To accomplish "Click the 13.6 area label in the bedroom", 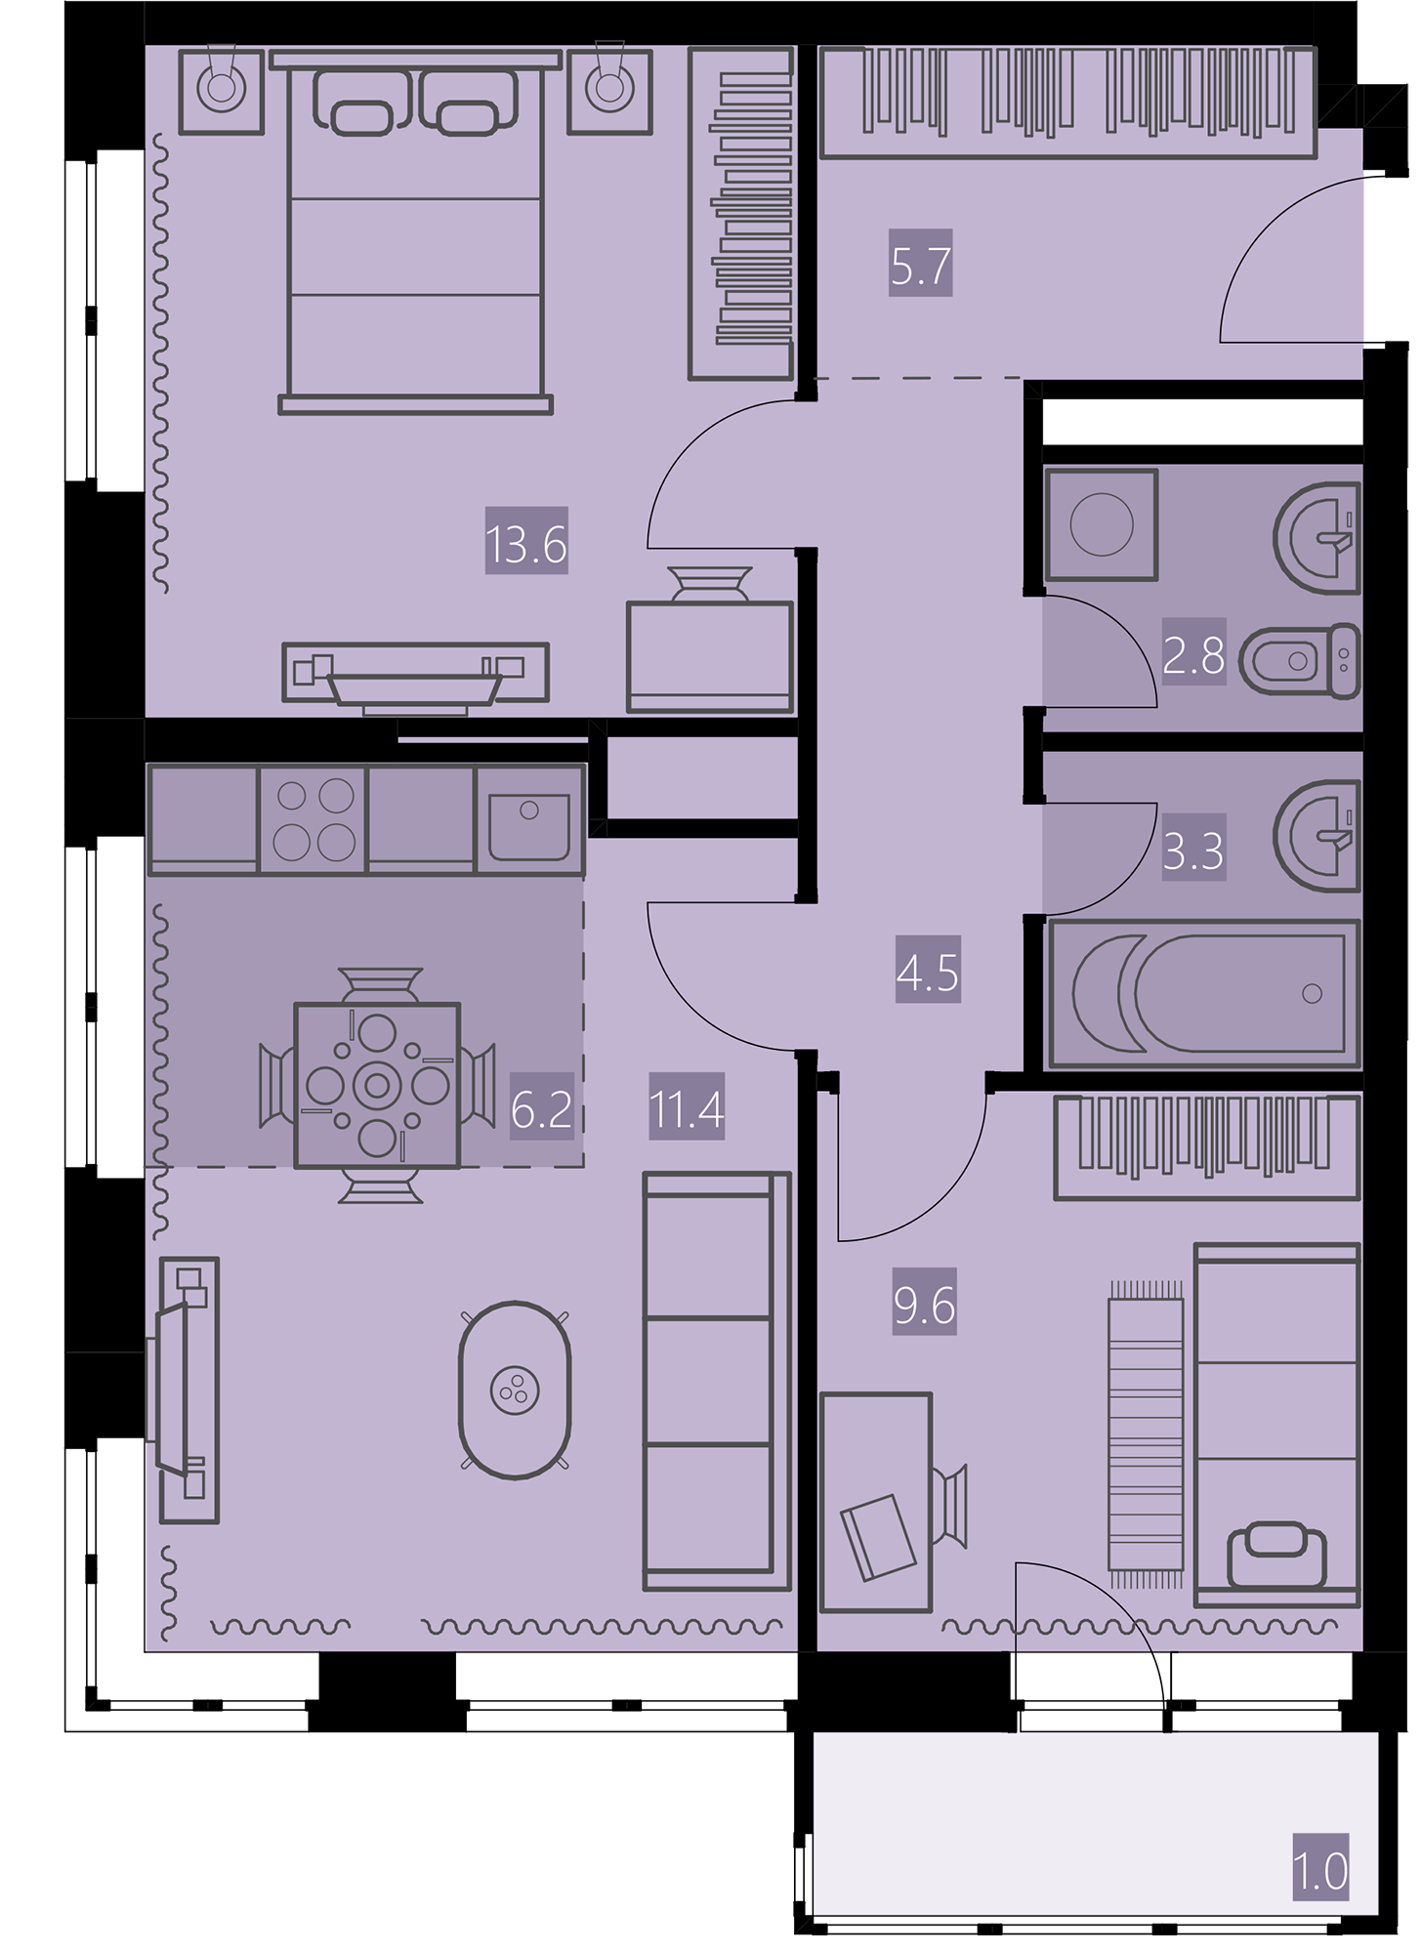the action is pyautogui.click(x=526, y=544).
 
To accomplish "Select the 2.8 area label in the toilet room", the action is pyautogui.click(x=1193, y=657).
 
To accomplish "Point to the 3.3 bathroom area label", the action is pyautogui.click(x=1193, y=852).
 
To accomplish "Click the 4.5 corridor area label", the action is pyautogui.click(x=928, y=974).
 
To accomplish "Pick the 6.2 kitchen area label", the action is pyautogui.click(x=541, y=1111).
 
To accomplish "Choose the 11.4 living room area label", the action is pyautogui.click(x=687, y=1111).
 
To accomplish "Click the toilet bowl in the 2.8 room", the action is pyautogui.click(x=1300, y=661).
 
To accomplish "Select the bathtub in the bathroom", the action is pyautogui.click(x=1203, y=993).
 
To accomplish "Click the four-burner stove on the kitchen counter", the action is pyautogui.click(x=313, y=818).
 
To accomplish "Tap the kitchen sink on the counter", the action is pyautogui.click(x=529, y=818).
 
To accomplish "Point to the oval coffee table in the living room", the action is pyautogui.click(x=515, y=1390).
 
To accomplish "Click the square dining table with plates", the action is pyautogui.click(x=377, y=1085).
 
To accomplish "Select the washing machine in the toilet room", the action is pyautogui.click(x=1101, y=524).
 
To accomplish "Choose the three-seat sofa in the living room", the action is pyautogui.click(x=716, y=1381).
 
